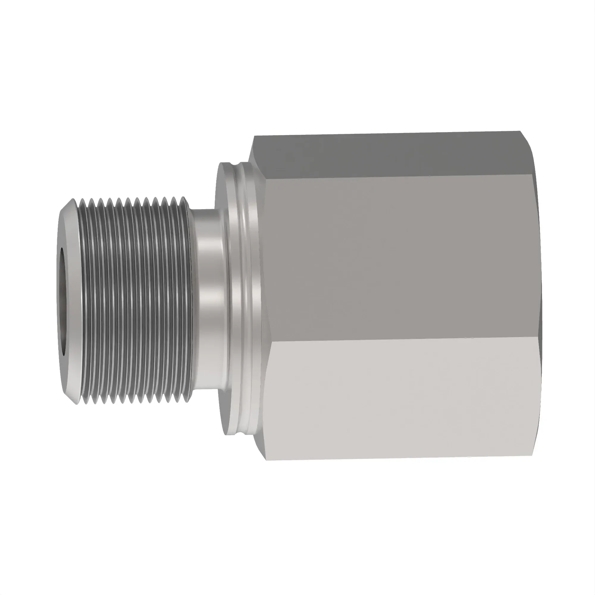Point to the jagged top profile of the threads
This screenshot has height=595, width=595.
tap(132, 202)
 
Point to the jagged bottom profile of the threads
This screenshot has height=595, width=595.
tap(132, 400)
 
